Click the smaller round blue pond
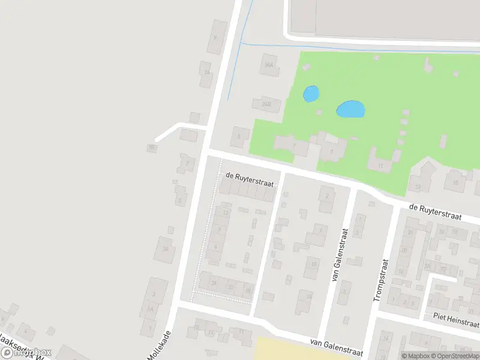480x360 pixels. click(311, 94)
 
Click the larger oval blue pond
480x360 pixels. click(351, 109)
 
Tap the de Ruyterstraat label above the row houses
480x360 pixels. click(249, 179)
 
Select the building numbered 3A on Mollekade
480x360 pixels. click(164, 249)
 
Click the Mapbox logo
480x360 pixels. click(27, 353)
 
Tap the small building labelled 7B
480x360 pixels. click(152, 147)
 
